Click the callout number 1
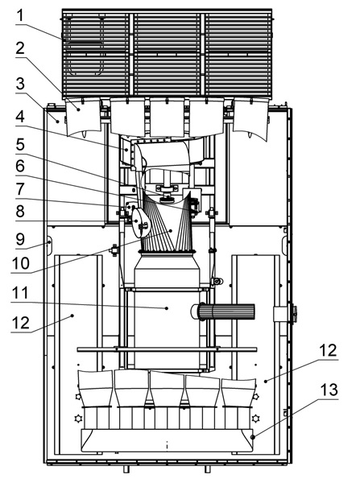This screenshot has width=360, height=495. coord(20,15)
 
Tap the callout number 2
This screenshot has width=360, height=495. coord(20,48)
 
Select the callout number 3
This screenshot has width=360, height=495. coord(20,84)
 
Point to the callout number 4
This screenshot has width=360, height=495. coord(20,117)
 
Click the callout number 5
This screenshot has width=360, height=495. coord(20,145)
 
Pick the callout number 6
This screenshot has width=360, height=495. coord(20,166)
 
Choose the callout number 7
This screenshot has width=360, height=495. coord(20,189)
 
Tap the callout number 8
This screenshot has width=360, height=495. coord(20,211)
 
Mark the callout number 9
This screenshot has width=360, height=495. coord(20,239)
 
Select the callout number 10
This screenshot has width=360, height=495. coord(21,263)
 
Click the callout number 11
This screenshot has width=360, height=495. coord(20,293)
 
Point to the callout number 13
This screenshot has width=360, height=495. coord(329,390)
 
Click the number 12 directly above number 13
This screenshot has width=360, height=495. coord(329,350)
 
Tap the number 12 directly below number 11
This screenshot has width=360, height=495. coord(21,323)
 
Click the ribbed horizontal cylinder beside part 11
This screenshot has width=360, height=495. coord(223,311)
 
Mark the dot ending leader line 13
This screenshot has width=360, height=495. coord(252,437)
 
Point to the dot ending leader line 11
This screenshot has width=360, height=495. coord(167,308)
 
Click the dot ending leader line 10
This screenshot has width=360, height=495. coord(171,231)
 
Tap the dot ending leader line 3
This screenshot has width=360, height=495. coord(58,121)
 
